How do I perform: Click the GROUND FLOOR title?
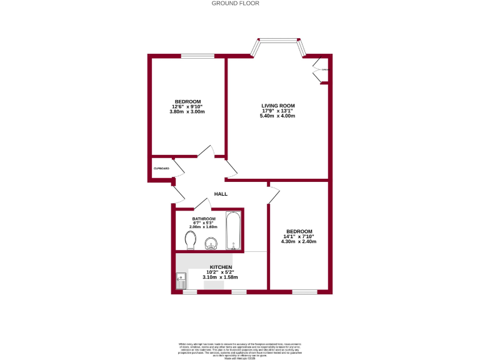[x=235, y=3]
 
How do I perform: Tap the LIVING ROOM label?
[x=277, y=106]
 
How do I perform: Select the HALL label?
[x=221, y=194]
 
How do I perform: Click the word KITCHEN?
[x=221, y=267]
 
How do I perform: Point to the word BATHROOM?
[x=204, y=219]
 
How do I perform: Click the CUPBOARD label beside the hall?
[x=161, y=168]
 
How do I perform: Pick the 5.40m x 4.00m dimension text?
[x=277, y=116]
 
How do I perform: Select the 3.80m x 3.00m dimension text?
[x=187, y=112]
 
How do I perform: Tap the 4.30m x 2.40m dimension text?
[x=298, y=241]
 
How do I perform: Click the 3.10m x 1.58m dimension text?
[x=221, y=277]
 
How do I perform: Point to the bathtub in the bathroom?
[x=232, y=231]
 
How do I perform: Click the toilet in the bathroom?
[x=191, y=239]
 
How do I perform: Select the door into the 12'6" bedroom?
[x=206, y=152]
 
